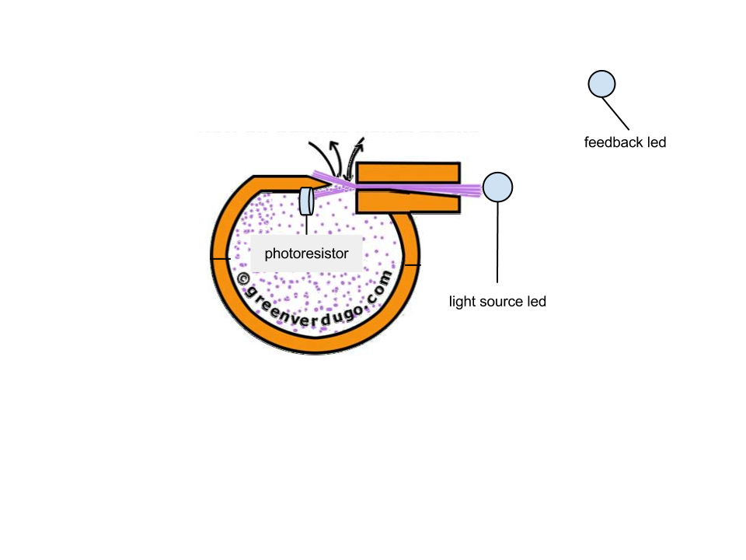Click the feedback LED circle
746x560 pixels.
pos(601,84)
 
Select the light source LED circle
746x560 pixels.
pos(497,187)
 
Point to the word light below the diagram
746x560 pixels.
pos(462,302)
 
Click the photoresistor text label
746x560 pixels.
pos(306,254)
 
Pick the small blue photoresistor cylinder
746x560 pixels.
pos(306,201)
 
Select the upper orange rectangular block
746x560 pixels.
pos(408,173)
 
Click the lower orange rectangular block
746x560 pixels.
pos(408,202)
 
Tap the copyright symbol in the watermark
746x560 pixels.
pos(243,279)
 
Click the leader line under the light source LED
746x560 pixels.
pos(497,243)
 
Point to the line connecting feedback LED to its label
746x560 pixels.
pos(615,114)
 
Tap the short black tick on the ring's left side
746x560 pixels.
pos(220,258)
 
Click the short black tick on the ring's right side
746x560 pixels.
pos(412,264)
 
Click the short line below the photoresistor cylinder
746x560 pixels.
pos(306,225)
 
